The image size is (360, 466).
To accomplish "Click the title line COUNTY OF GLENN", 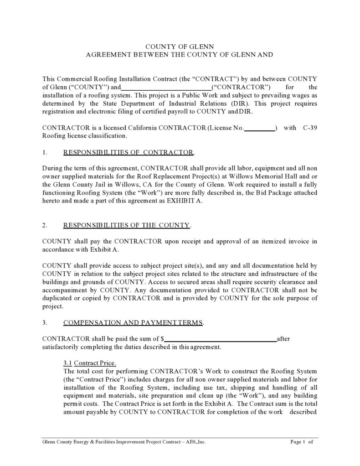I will (179, 47).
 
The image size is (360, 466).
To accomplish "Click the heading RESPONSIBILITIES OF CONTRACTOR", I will (129, 152).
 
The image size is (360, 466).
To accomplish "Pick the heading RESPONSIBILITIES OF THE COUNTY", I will (127, 225).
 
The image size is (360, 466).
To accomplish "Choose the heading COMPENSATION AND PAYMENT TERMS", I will (133, 323).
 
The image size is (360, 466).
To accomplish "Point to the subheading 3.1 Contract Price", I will (90, 363).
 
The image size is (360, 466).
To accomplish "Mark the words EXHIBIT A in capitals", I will (184, 201).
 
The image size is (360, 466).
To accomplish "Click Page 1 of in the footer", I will (301, 442).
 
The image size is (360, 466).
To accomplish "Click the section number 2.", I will (44, 225).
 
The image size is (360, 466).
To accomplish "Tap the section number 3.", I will (44, 323).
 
